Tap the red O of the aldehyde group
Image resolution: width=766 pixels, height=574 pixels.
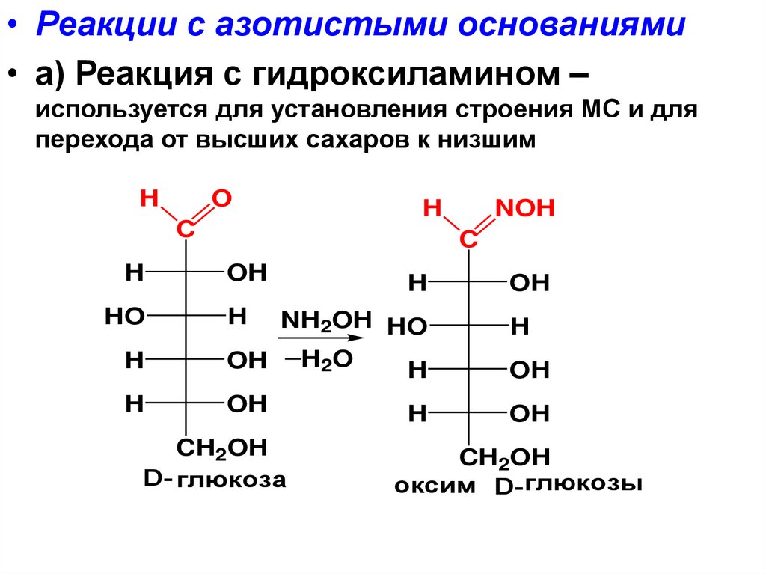[221, 198]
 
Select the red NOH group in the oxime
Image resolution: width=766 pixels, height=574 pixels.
[524, 208]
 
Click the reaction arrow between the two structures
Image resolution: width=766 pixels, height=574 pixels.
[321, 340]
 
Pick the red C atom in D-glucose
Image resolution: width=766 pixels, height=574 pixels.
[185, 230]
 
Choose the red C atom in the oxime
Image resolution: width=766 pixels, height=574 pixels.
[468, 240]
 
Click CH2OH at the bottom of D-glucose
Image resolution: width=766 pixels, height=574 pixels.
[221, 448]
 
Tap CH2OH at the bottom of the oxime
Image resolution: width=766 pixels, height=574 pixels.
[505, 457]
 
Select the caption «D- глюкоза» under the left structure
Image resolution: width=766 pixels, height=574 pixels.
[215, 479]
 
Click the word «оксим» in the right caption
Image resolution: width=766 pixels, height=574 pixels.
[435, 486]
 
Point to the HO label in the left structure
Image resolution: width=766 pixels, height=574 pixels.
[124, 317]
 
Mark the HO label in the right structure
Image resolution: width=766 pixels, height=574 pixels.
[407, 326]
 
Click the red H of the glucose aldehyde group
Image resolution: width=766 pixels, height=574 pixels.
[149, 198]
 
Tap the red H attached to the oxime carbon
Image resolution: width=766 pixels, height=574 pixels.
[432, 208]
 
